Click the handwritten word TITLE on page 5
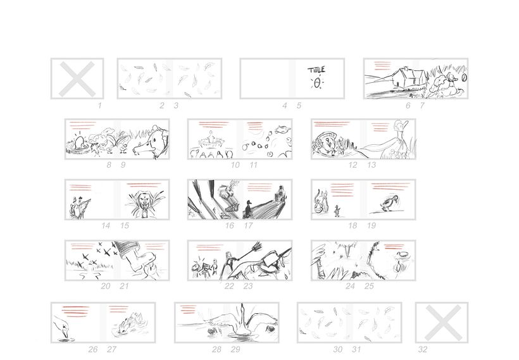316,70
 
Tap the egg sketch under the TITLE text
318,83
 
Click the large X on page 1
77,79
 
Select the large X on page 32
442,323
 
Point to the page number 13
372,164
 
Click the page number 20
106,286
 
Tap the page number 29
235,349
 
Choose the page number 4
284,106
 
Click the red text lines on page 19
391,186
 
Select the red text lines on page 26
76,311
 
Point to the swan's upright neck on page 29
242,318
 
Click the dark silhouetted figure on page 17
248,209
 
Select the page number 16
229,225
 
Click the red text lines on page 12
332,124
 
